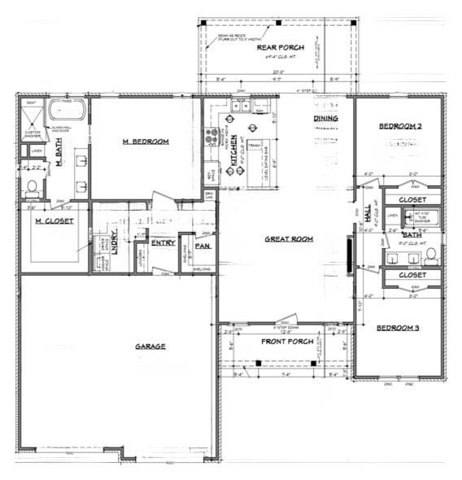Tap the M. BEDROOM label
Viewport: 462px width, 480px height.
point(146,142)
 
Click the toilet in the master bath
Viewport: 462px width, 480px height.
point(31,185)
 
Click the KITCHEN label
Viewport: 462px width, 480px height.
point(233,151)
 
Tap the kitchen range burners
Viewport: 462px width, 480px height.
point(216,137)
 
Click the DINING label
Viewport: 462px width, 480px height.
point(325,120)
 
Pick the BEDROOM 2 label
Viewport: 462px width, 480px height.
point(400,126)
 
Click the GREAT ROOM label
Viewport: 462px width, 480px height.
point(289,239)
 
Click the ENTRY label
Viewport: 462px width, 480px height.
point(163,242)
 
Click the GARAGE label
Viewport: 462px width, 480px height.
point(150,346)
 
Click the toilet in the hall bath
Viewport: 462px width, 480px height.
point(429,258)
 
